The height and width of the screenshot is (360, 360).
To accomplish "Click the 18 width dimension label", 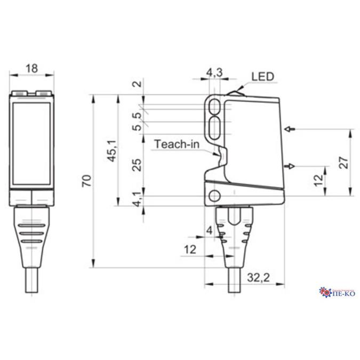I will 31,68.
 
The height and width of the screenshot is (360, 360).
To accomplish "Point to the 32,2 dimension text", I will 259,277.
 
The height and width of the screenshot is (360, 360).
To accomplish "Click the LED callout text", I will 262,77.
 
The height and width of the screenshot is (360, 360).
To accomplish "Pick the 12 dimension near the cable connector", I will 189,250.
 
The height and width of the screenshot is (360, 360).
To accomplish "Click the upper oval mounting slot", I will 216,106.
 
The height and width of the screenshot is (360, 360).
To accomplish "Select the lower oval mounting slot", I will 216,126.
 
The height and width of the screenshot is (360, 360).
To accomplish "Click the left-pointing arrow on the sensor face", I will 290,129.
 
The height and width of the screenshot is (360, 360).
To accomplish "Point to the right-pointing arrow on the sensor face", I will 291,166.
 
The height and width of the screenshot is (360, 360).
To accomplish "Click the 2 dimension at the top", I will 138,84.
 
